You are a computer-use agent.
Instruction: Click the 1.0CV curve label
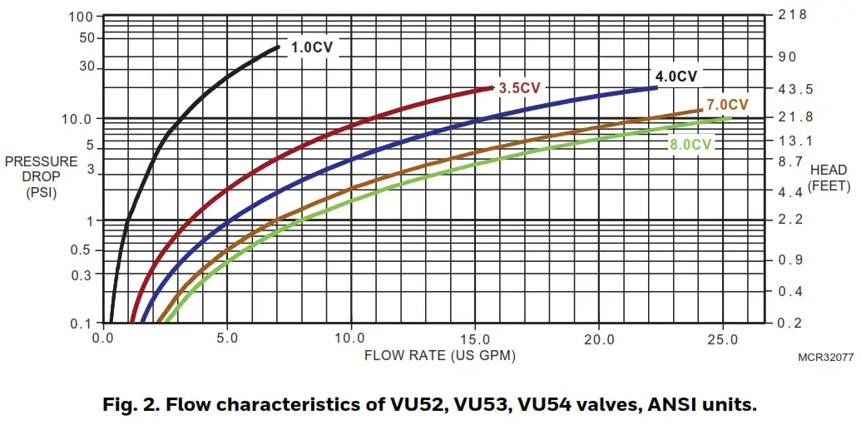click(x=311, y=47)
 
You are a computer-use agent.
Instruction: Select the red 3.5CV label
click(x=520, y=87)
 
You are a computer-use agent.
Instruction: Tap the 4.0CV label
click(x=675, y=77)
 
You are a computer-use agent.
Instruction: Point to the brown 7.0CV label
click(x=727, y=105)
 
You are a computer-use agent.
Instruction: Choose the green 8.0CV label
click(x=690, y=144)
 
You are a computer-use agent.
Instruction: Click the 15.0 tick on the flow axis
click(x=474, y=339)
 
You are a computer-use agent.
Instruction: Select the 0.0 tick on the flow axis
click(x=104, y=339)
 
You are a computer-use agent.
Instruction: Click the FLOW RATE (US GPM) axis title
click(x=439, y=355)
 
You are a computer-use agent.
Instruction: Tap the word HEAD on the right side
click(x=829, y=170)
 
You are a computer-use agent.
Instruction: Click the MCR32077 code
click(x=824, y=356)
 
